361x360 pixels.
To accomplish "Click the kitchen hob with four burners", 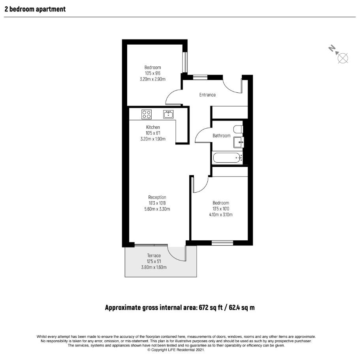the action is pos(147,114).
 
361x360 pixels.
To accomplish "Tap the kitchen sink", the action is pos(168,114).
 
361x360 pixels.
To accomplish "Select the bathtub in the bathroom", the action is pos(228,158).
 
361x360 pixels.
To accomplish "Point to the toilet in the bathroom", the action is pos(238,129).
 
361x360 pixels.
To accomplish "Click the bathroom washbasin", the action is pos(239,142).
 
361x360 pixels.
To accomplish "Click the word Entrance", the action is pos(207,95).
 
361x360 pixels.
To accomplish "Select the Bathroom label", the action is pos(222,136).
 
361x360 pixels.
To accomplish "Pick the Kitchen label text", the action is pos(153,127).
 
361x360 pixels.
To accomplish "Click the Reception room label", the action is pos(157,197).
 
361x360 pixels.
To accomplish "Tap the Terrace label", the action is pos(154,255).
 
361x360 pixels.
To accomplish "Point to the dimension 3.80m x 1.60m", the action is pos(154,267).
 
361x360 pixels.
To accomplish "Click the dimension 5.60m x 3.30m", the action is pos(157,209).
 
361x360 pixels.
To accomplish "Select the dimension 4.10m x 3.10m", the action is pos(221,215).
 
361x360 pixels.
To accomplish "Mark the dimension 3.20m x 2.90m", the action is pos(152,79).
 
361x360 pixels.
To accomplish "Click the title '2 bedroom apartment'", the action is pos(35,9).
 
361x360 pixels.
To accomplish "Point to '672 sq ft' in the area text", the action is pos(211,307).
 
